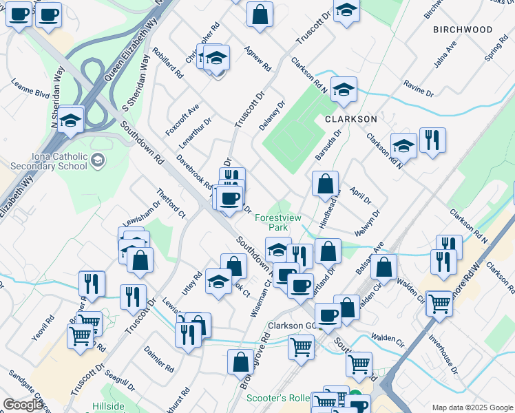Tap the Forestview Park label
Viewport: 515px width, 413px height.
pyautogui.click(x=278, y=222)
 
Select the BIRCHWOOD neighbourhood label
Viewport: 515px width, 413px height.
pyautogui.click(x=463, y=30)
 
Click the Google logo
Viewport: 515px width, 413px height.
pyautogui.click(x=23, y=405)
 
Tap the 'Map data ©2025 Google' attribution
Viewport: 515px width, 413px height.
pyautogui.click(x=472, y=407)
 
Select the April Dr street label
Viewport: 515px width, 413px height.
pyautogui.click(x=360, y=196)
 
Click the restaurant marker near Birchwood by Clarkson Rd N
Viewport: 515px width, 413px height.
pyautogui.click(x=432, y=141)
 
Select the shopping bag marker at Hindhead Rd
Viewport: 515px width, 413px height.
pyautogui.click(x=325, y=184)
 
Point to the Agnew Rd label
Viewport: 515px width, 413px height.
pyautogui.click(x=257, y=59)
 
